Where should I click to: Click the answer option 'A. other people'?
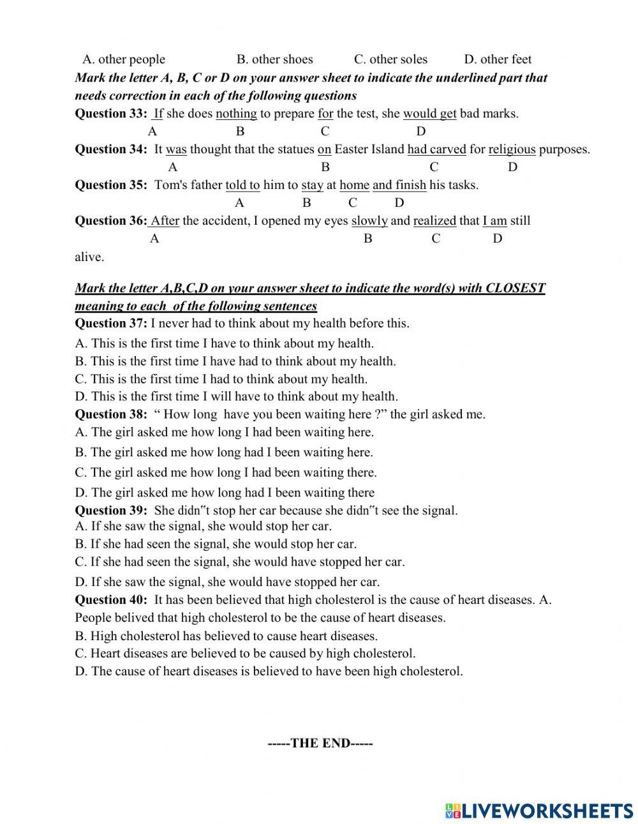(x=124, y=59)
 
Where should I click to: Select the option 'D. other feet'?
(x=498, y=59)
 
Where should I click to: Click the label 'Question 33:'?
(x=111, y=114)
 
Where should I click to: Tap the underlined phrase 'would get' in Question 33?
(x=429, y=114)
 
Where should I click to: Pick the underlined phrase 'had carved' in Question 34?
(x=437, y=149)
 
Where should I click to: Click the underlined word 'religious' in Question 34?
(x=512, y=149)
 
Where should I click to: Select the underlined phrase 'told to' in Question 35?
(x=242, y=185)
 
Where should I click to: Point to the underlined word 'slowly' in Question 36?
(x=369, y=221)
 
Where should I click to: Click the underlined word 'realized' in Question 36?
(x=434, y=221)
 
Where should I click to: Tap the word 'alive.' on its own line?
(x=89, y=257)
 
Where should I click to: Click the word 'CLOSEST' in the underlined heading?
(x=516, y=288)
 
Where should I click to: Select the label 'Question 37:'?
(x=111, y=323)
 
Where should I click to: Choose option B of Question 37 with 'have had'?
(x=235, y=361)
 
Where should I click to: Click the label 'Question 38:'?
(x=111, y=414)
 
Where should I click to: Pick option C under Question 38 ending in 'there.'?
(x=226, y=473)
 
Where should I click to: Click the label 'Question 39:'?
(x=111, y=511)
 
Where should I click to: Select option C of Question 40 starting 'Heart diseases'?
(x=245, y=654)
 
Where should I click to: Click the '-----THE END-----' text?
(x=320, y=743)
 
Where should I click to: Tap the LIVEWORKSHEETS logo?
(x=539, y=810)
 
